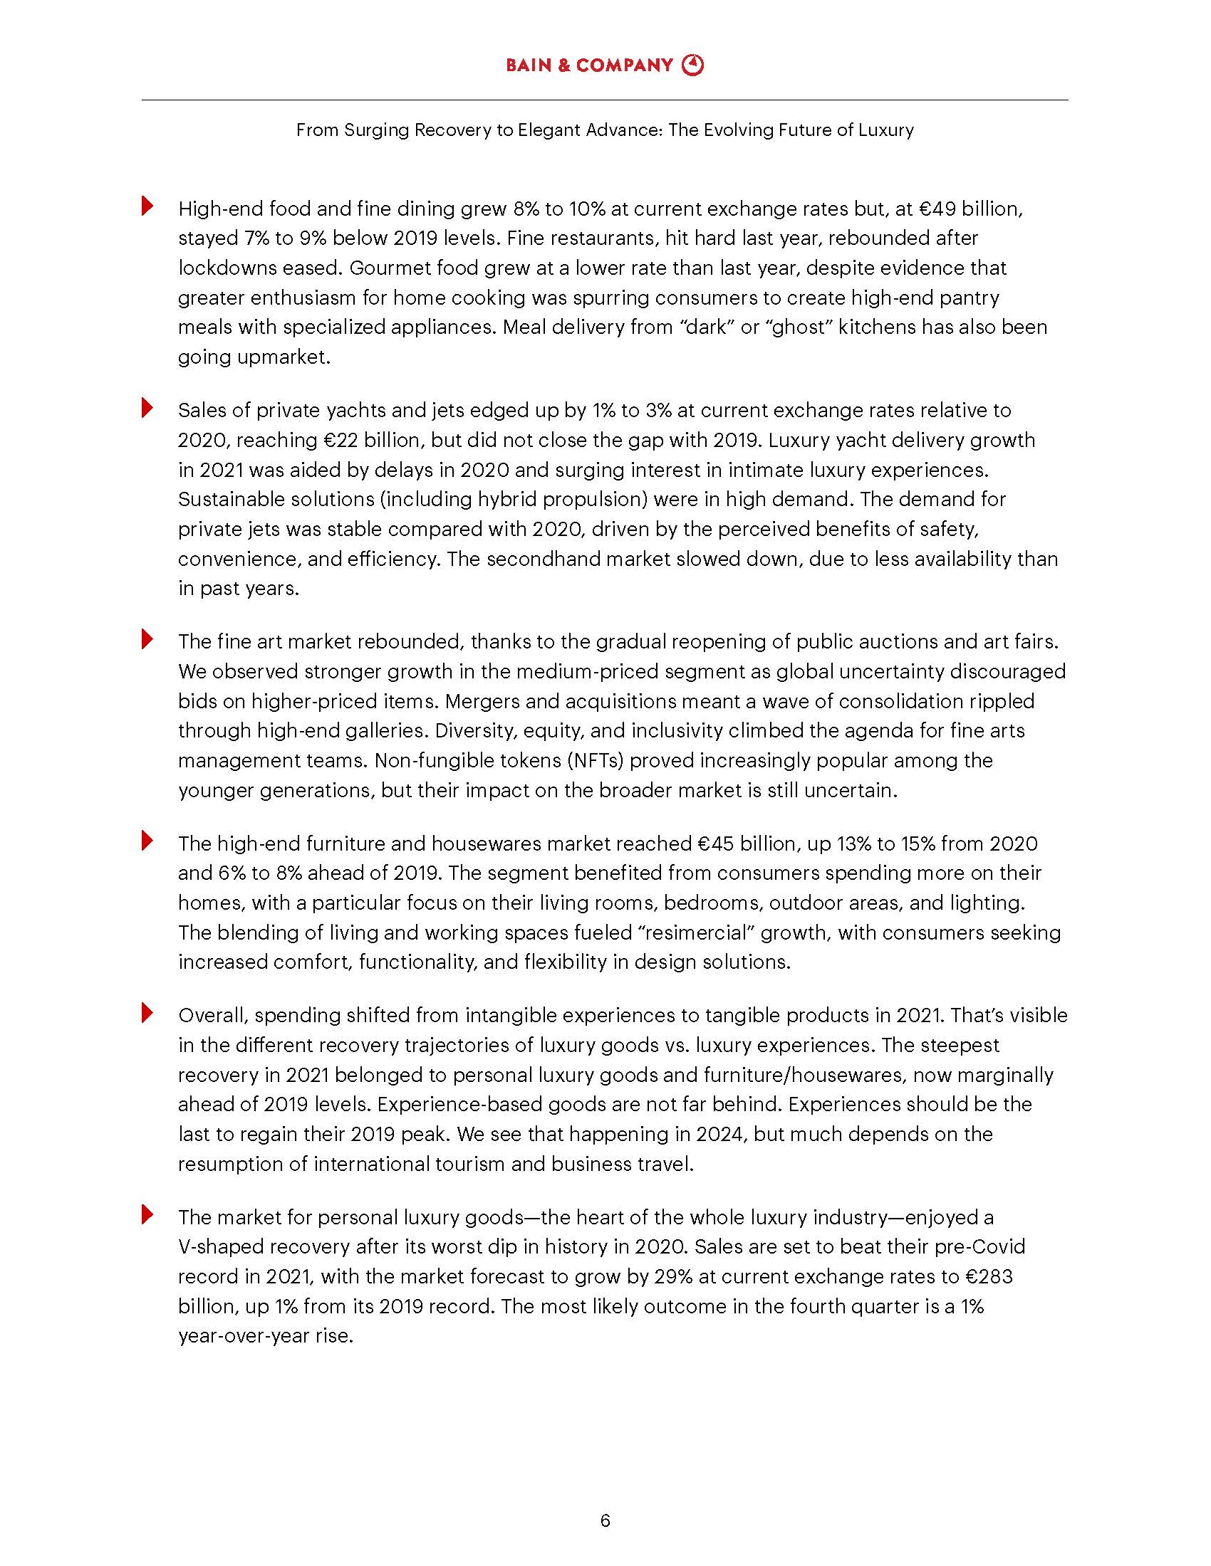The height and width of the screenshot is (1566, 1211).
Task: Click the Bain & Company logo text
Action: [589, 65]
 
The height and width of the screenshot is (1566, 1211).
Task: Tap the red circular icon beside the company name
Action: [693, 65]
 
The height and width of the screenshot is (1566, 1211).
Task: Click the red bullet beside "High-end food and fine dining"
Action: [147, 206]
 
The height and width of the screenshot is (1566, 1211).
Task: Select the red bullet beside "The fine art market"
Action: [147, 639]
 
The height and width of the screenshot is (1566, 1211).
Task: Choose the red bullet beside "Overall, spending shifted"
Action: [147, 1013]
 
